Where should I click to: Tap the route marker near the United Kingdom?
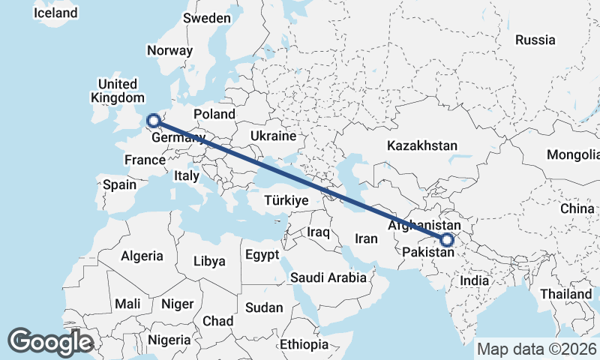(x=153, y=120)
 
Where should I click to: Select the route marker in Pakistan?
(x=447, y=240)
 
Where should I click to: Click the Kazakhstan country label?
(x=422, y=145)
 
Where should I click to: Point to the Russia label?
(x=535, y=40)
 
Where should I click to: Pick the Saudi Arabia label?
(x=328, y=277)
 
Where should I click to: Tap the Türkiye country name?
(x=286, y=200)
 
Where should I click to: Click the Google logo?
(x=50, y=341)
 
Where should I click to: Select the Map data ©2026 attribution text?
(x=537, y=349)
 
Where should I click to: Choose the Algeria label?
(x=141, y=256)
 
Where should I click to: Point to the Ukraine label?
(x=274, y=136)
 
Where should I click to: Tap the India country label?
(x=475, y=280)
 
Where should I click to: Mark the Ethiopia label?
(x=304, y=344)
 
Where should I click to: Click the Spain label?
(x=120, y=184)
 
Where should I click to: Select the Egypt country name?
(x=261, y=254)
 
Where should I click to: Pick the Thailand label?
(x=567, y=294)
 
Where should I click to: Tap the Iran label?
(x=365, y=238)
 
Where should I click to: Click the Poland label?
(x=214, y=114)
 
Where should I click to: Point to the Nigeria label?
(x=169, y=339)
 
